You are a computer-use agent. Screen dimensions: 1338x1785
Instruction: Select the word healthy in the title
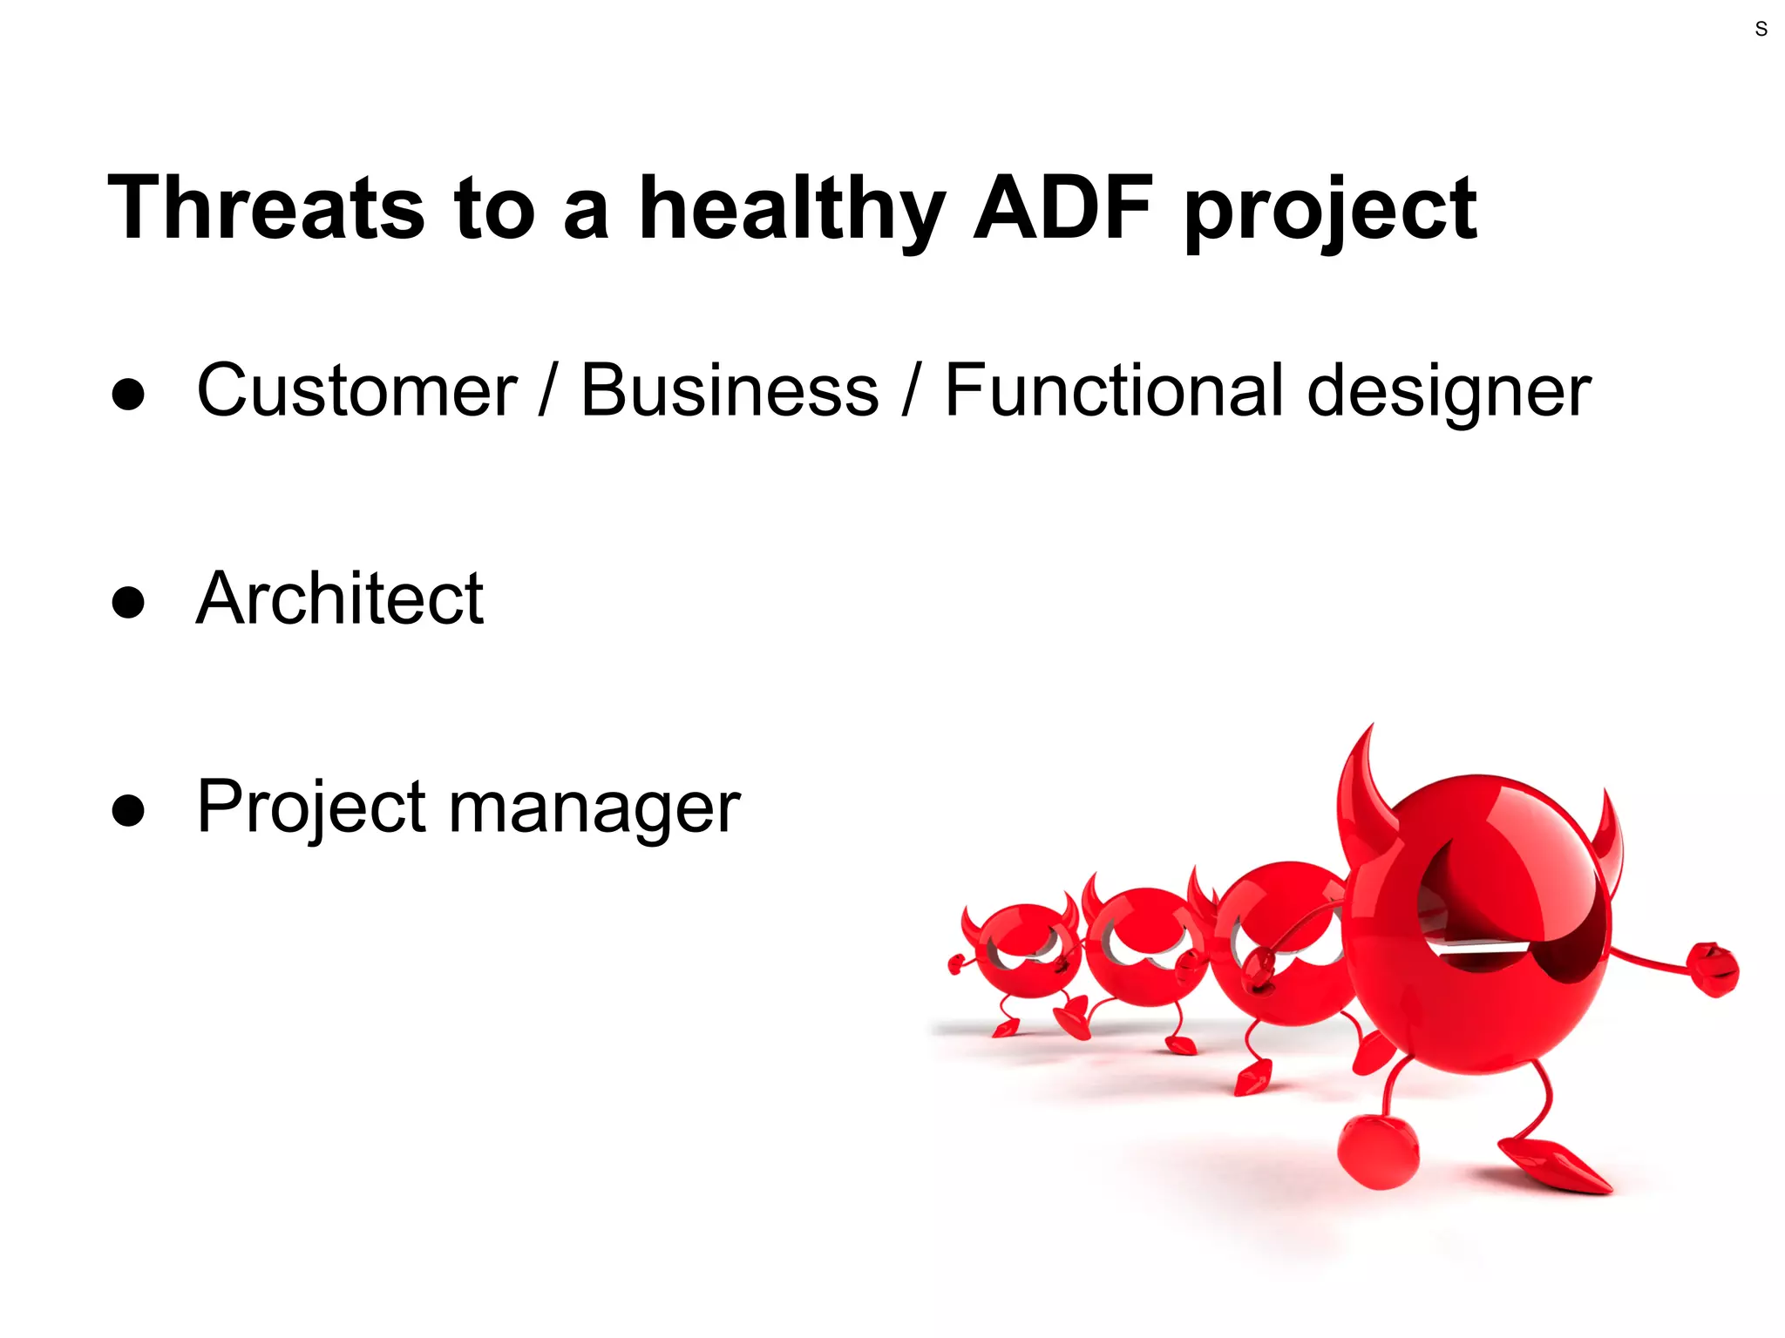(x=791, y=209)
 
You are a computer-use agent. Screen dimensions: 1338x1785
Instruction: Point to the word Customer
(x=356, y=390)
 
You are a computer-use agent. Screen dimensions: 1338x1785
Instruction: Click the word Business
(x=730, y=390)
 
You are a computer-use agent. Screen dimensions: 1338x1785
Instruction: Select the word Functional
(x=1114, y=390)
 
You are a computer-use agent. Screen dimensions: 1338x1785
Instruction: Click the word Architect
(x=339, y=598)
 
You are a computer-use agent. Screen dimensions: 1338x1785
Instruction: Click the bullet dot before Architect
(x=128, y=602)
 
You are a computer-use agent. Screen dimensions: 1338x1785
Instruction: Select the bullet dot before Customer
(x=128, y=394)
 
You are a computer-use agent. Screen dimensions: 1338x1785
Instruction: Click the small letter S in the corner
(x=1761, y=29)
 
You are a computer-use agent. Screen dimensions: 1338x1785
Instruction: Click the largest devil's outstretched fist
(x=1714, y=969)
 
